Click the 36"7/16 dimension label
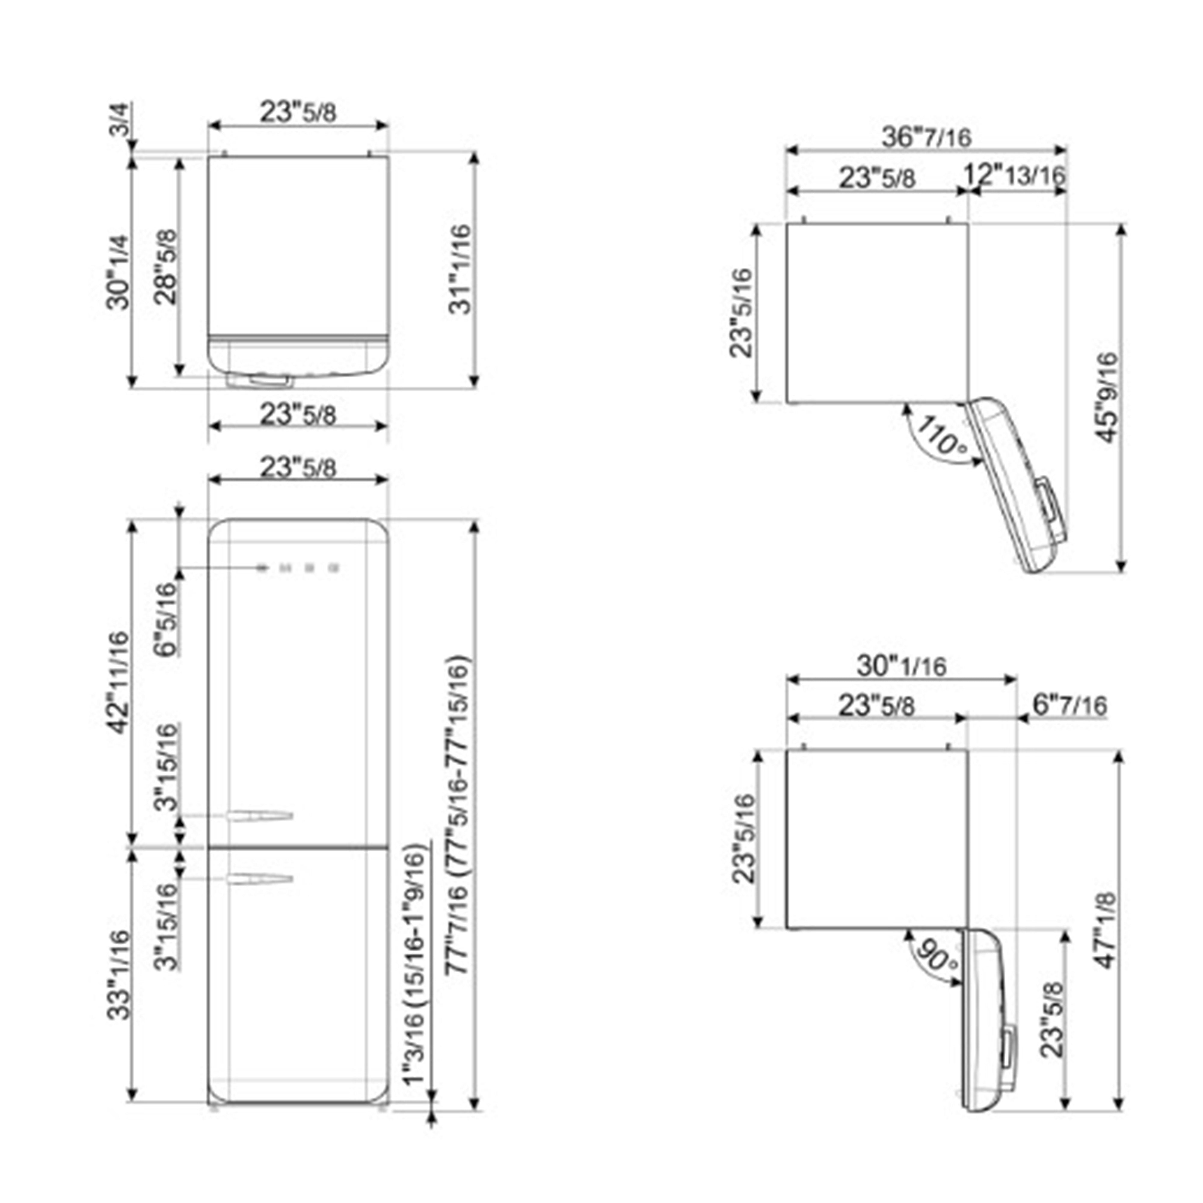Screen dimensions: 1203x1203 (926, 137)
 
